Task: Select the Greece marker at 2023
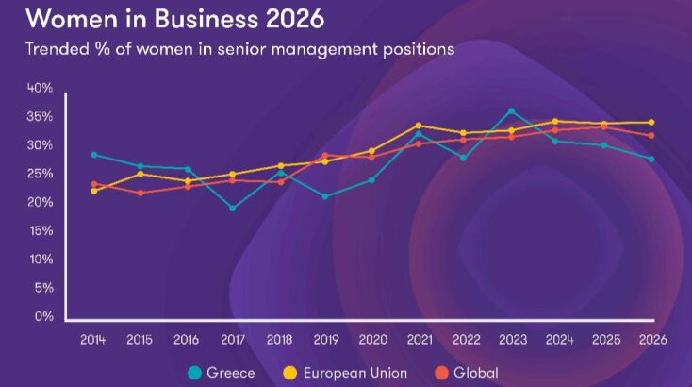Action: coord(512,111)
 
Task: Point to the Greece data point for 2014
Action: coord(94,155)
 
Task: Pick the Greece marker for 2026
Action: coord(651,159)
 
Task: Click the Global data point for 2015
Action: coord(140,193)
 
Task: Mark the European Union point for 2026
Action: coord(651,123)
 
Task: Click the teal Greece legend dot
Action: coord(195,373)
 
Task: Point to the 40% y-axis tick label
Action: coord(41,88)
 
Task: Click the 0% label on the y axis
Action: coord(44,316)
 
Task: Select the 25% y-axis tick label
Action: coord(41,174)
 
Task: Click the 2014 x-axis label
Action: coord(92,340)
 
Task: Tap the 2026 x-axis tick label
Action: coord(651,340)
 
